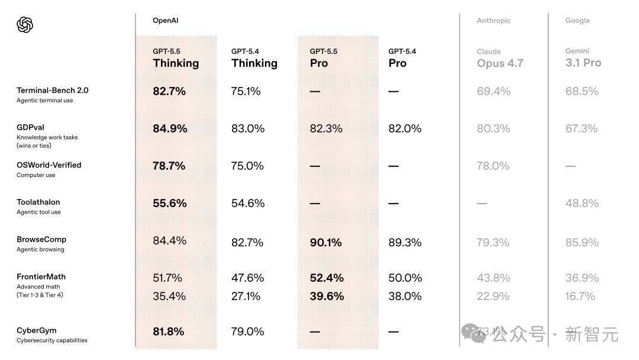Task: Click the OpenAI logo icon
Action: point(25,25)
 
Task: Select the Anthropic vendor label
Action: point(493,21)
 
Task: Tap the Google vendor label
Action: point(577,21)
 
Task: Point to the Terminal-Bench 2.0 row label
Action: point(52,91)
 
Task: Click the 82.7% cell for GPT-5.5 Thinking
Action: point(169,91)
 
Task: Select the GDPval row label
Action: point(30,127)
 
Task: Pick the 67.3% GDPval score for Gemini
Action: point(582,128)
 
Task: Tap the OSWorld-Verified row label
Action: point(49,165)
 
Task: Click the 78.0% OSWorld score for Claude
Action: point(493,166)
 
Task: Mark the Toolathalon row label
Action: point(38,202)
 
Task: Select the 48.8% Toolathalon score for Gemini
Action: point(582,203)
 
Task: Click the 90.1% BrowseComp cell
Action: point(326,242)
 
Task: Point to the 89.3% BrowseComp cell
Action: point(405,242)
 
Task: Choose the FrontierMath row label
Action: point(41,277)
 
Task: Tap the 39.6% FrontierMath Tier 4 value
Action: point(327,296)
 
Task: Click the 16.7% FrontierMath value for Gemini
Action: point(580,296)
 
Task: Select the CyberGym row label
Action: point(36,330)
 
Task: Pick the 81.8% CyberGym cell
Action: point(169,332)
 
